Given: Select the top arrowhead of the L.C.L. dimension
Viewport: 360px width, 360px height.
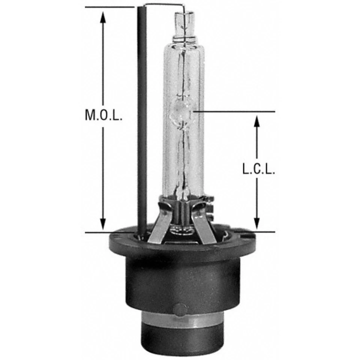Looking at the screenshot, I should (257, 120).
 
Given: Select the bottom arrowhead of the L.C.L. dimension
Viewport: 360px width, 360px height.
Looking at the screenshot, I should (257, 224).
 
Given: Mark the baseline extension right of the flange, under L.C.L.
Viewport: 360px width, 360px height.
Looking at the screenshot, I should (259, 232).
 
